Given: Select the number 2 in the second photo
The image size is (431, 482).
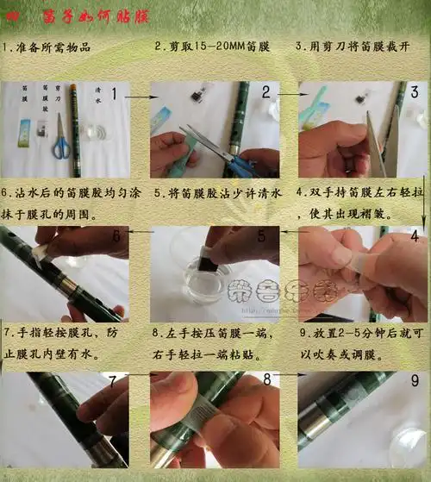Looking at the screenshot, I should click(x=266, y=92).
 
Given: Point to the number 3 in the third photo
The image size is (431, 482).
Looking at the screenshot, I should click(x=414, y=92).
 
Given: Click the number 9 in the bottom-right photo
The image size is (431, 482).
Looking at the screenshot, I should click(x=414, y=379).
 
